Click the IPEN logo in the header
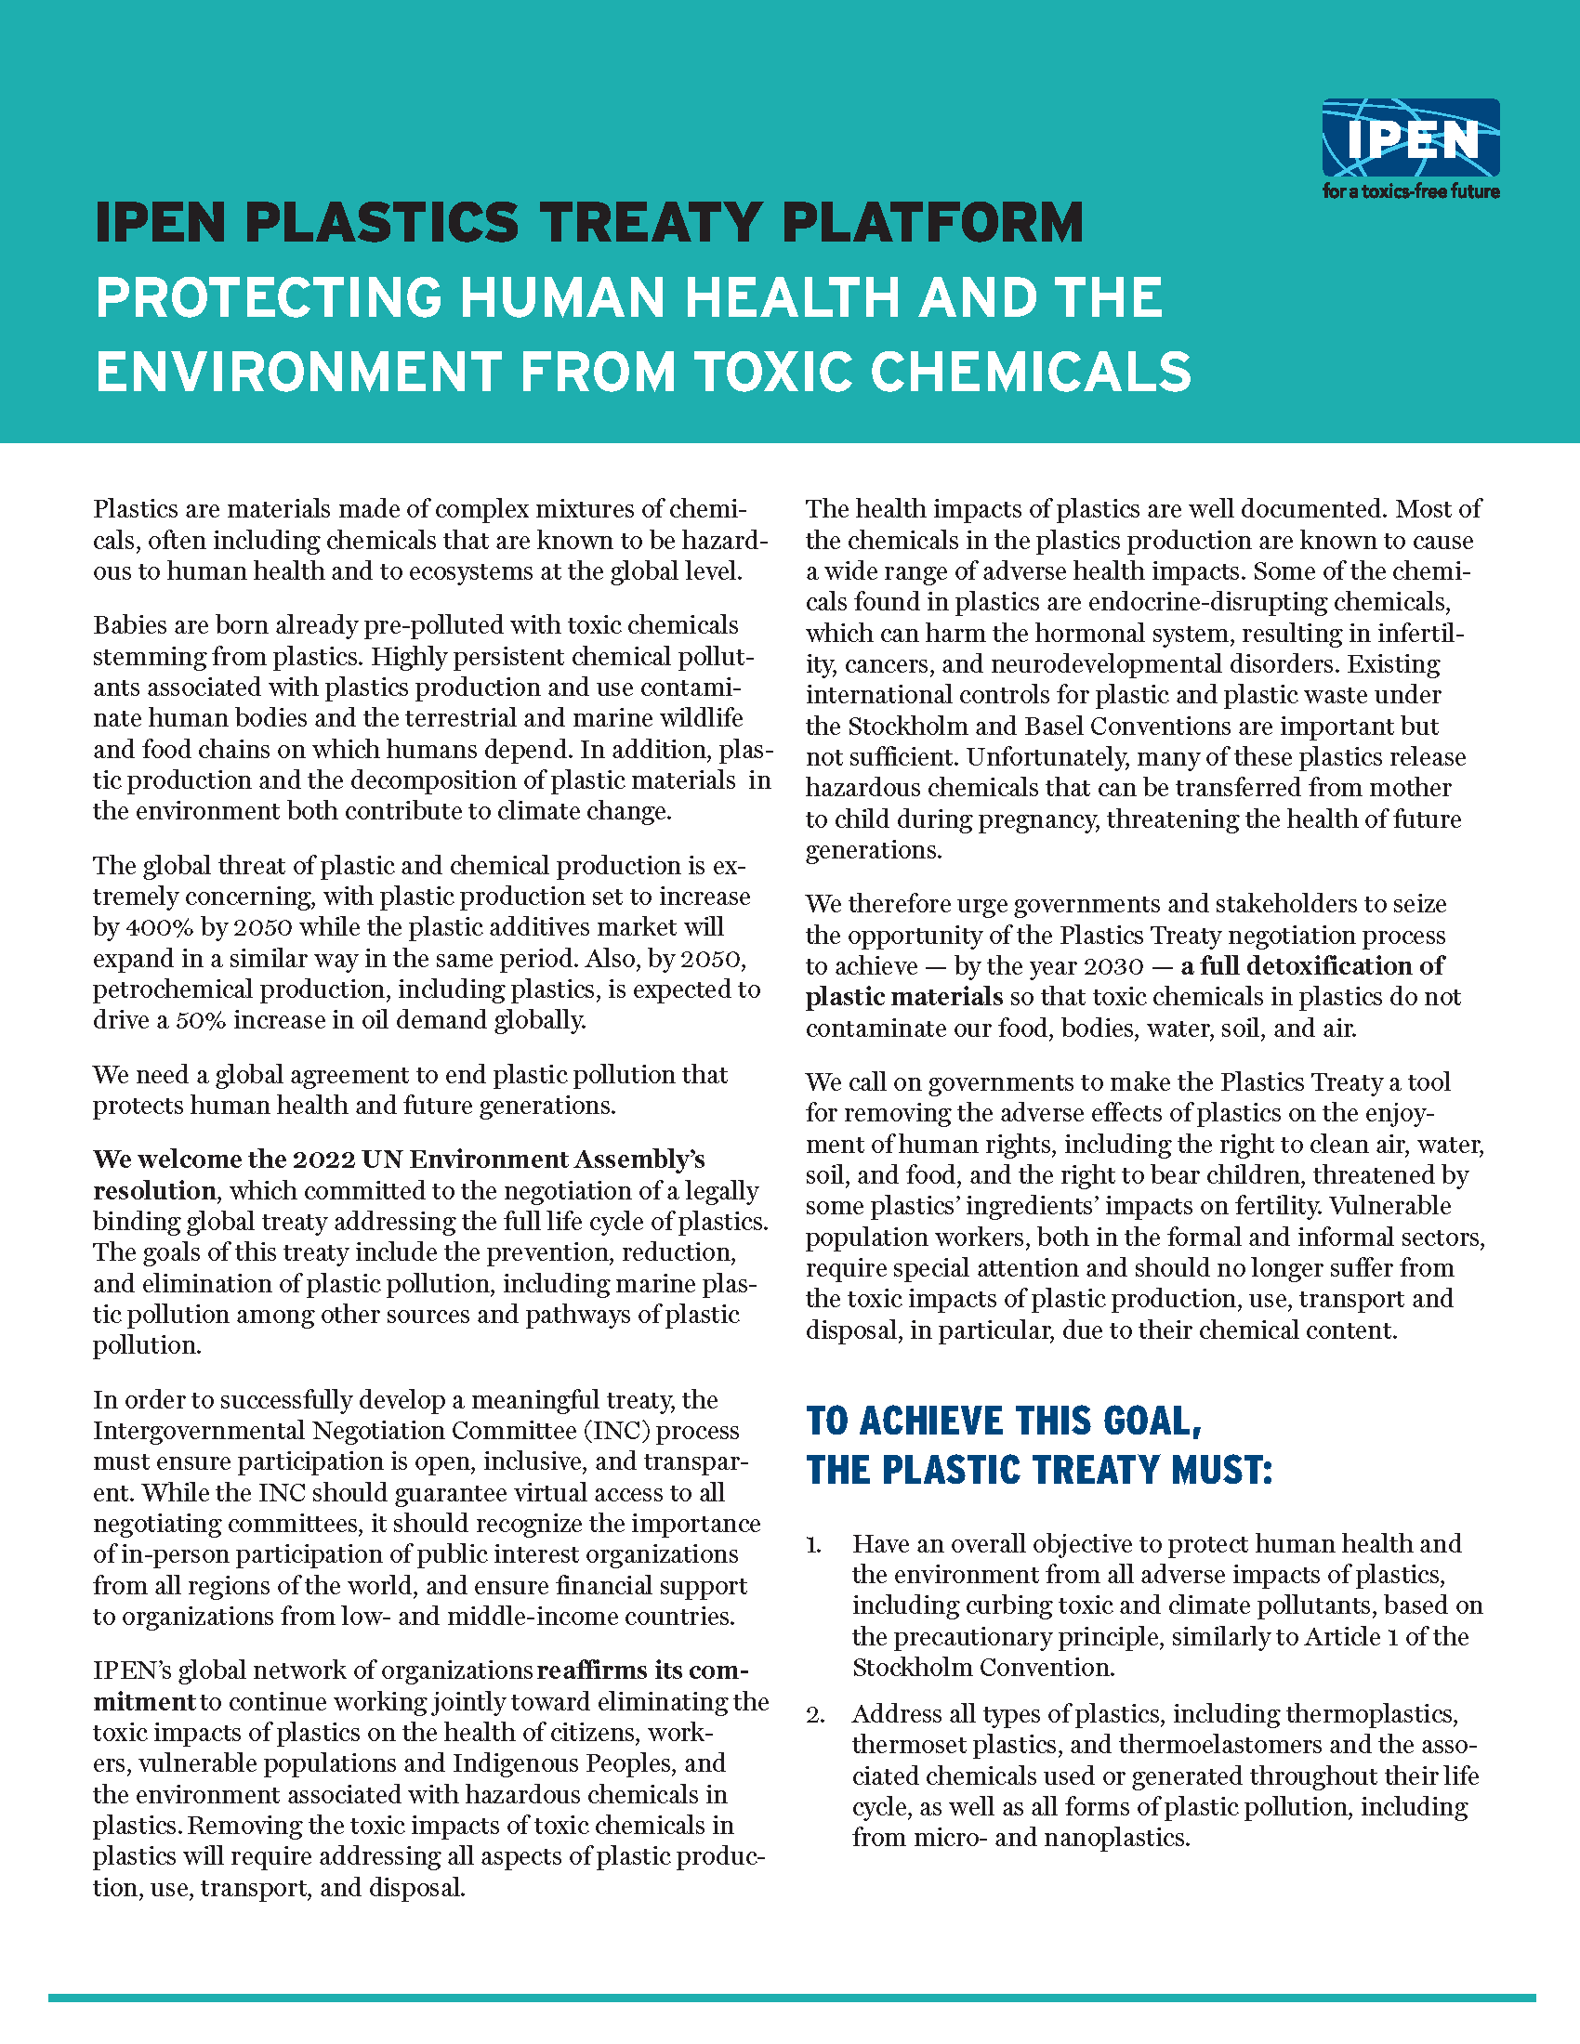[1411, 138]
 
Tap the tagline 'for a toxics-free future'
[1411, 192]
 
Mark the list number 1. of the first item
[814, 1544]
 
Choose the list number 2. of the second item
[815, 1714]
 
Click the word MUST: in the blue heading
[1221, 1471]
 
